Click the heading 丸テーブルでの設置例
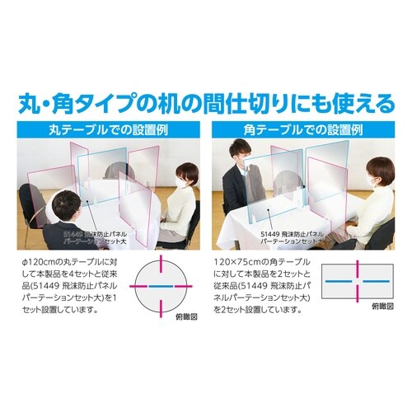pyautogui.click(x=103, y=131)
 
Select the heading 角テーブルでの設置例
pyautogui.click(x=308, y=131)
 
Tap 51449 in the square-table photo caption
pyautogui.click(x=274, y=233)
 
